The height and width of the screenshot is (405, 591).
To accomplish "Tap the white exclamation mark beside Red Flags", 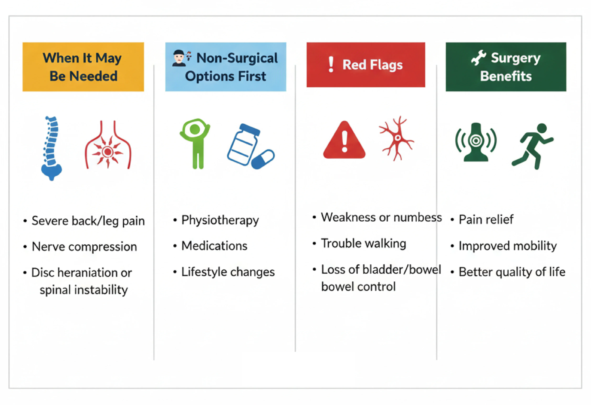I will pos(331,64).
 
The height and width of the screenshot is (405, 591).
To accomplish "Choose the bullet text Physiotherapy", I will pos(220,220).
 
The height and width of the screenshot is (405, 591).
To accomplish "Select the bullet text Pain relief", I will pos(486,219).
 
